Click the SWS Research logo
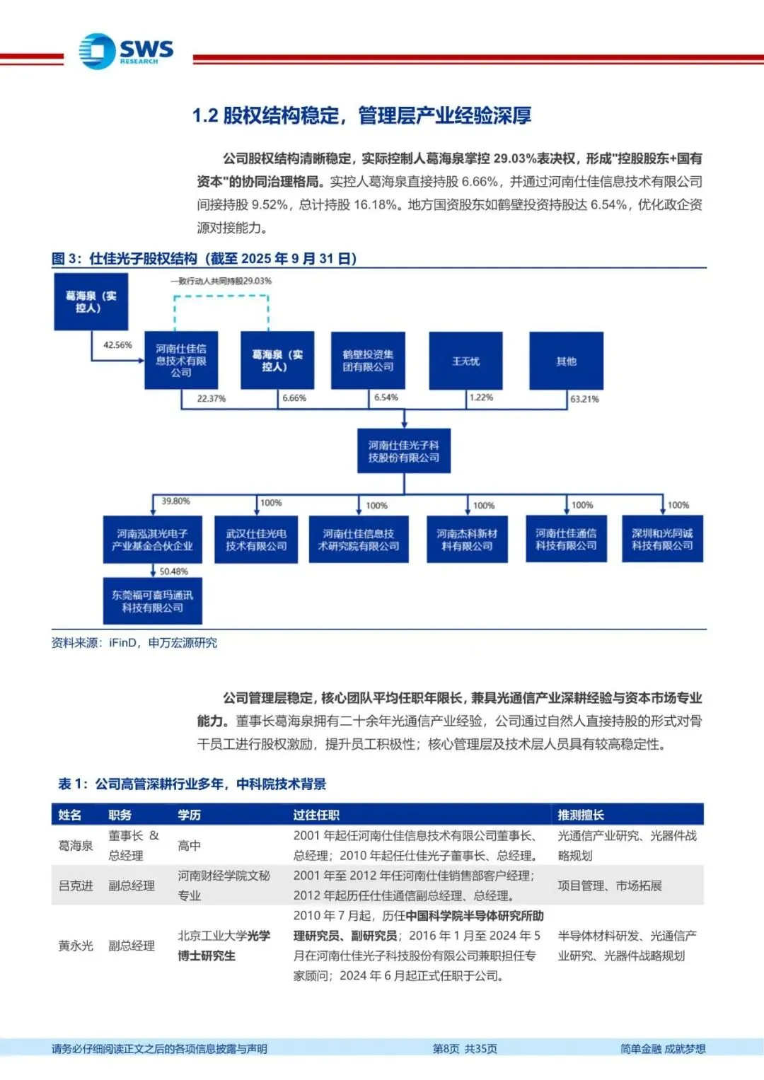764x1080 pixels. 126,52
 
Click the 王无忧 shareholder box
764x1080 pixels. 465,361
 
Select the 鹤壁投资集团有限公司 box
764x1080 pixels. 368,361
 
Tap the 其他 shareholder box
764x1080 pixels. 566,361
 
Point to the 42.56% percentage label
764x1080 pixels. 117,345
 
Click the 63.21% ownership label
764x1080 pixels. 584,399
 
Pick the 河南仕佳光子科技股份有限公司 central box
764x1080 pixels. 403,451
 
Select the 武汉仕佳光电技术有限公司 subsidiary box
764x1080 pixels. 256,540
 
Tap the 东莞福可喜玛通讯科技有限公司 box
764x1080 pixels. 152,601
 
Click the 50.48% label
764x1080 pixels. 173,571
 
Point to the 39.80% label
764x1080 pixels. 175,501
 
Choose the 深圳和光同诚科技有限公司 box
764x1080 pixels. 662,540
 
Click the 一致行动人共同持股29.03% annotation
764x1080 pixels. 221,281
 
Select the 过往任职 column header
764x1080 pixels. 316,815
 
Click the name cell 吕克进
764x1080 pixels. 76,886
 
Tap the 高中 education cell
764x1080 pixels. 189,845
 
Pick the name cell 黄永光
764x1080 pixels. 76,946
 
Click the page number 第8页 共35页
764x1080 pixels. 465,1049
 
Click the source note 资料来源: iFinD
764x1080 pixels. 134,643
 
